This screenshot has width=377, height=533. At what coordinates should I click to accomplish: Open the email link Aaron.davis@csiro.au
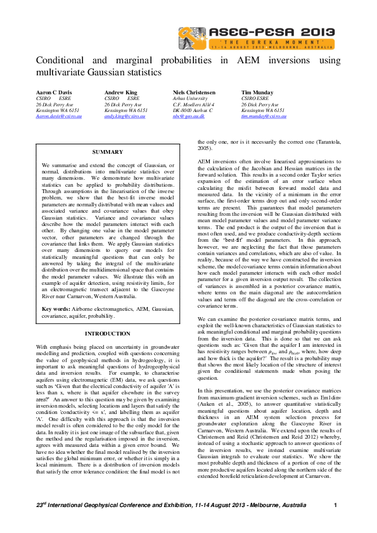pos(58,116)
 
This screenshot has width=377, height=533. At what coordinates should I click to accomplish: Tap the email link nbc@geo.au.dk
pos(188,116)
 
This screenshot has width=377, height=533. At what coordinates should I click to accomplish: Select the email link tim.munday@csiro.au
pos(263,116)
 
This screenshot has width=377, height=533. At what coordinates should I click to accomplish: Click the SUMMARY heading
pos(107,153)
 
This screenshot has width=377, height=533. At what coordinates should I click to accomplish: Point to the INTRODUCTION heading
pos(107,333)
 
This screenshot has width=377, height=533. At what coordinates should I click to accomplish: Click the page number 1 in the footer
pos(335,505)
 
